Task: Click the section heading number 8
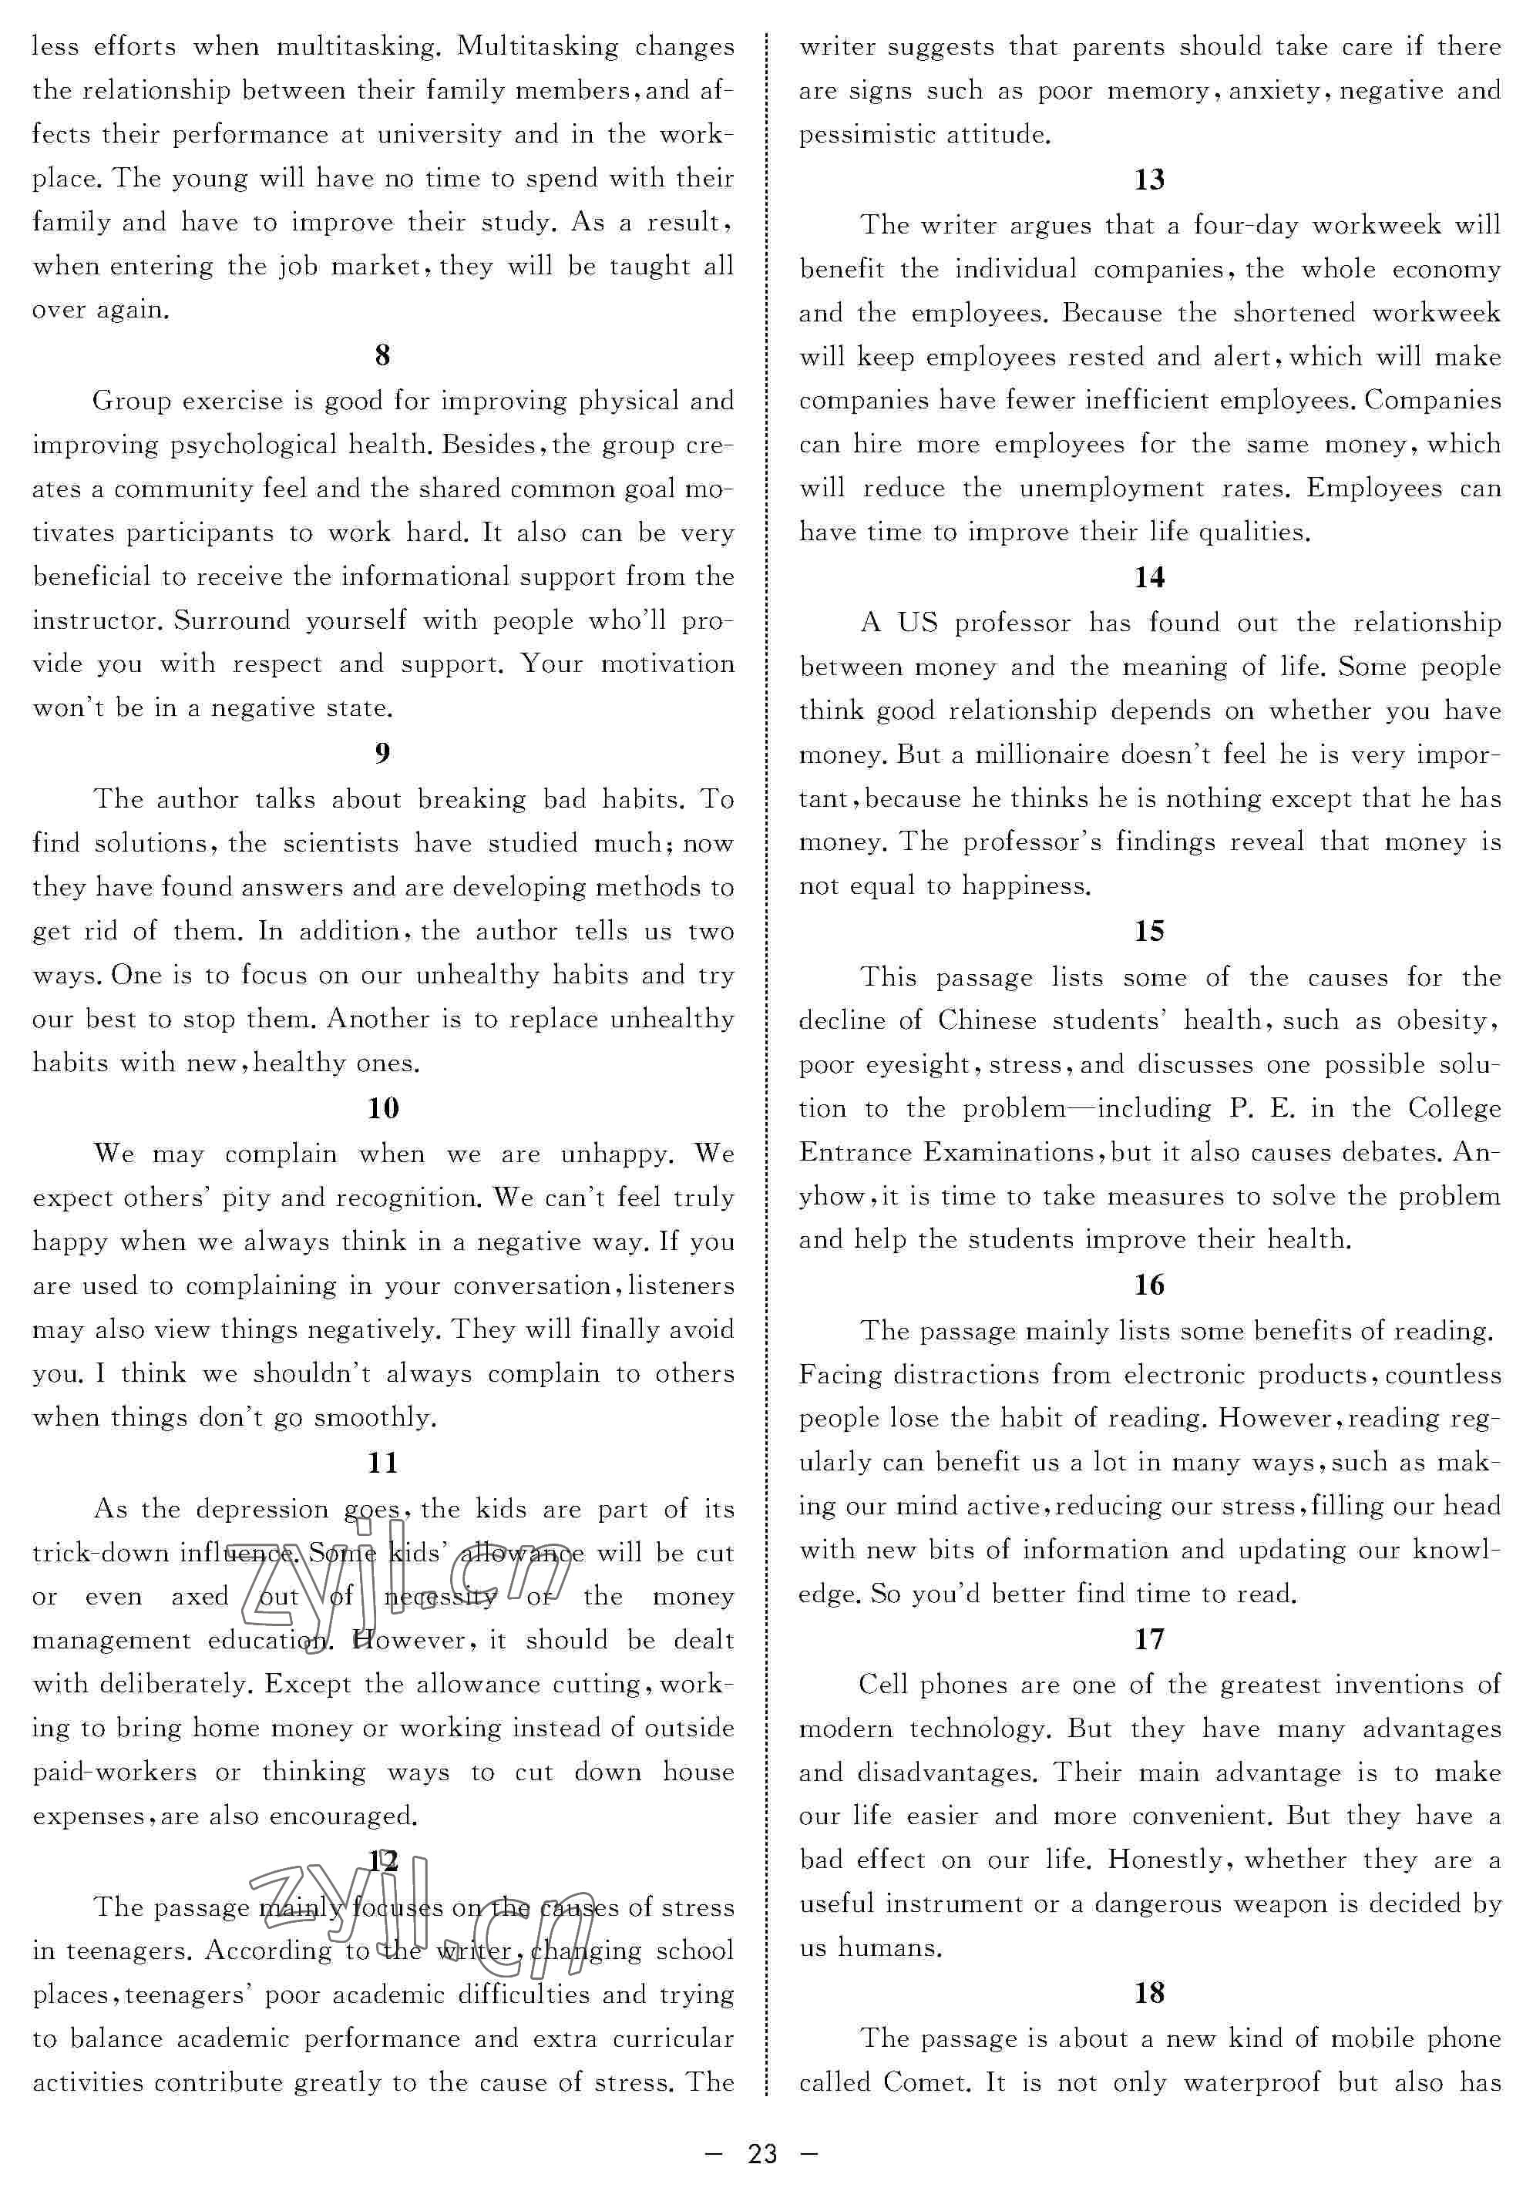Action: pos(382,355)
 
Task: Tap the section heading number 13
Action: pos(1149,180)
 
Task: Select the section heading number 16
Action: pos(1149,1285)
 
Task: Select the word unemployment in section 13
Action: pos(1111,489)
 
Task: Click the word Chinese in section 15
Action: pos(987,1020)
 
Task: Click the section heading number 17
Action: pos(1149,1638)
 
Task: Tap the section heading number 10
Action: pos(382,1108)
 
